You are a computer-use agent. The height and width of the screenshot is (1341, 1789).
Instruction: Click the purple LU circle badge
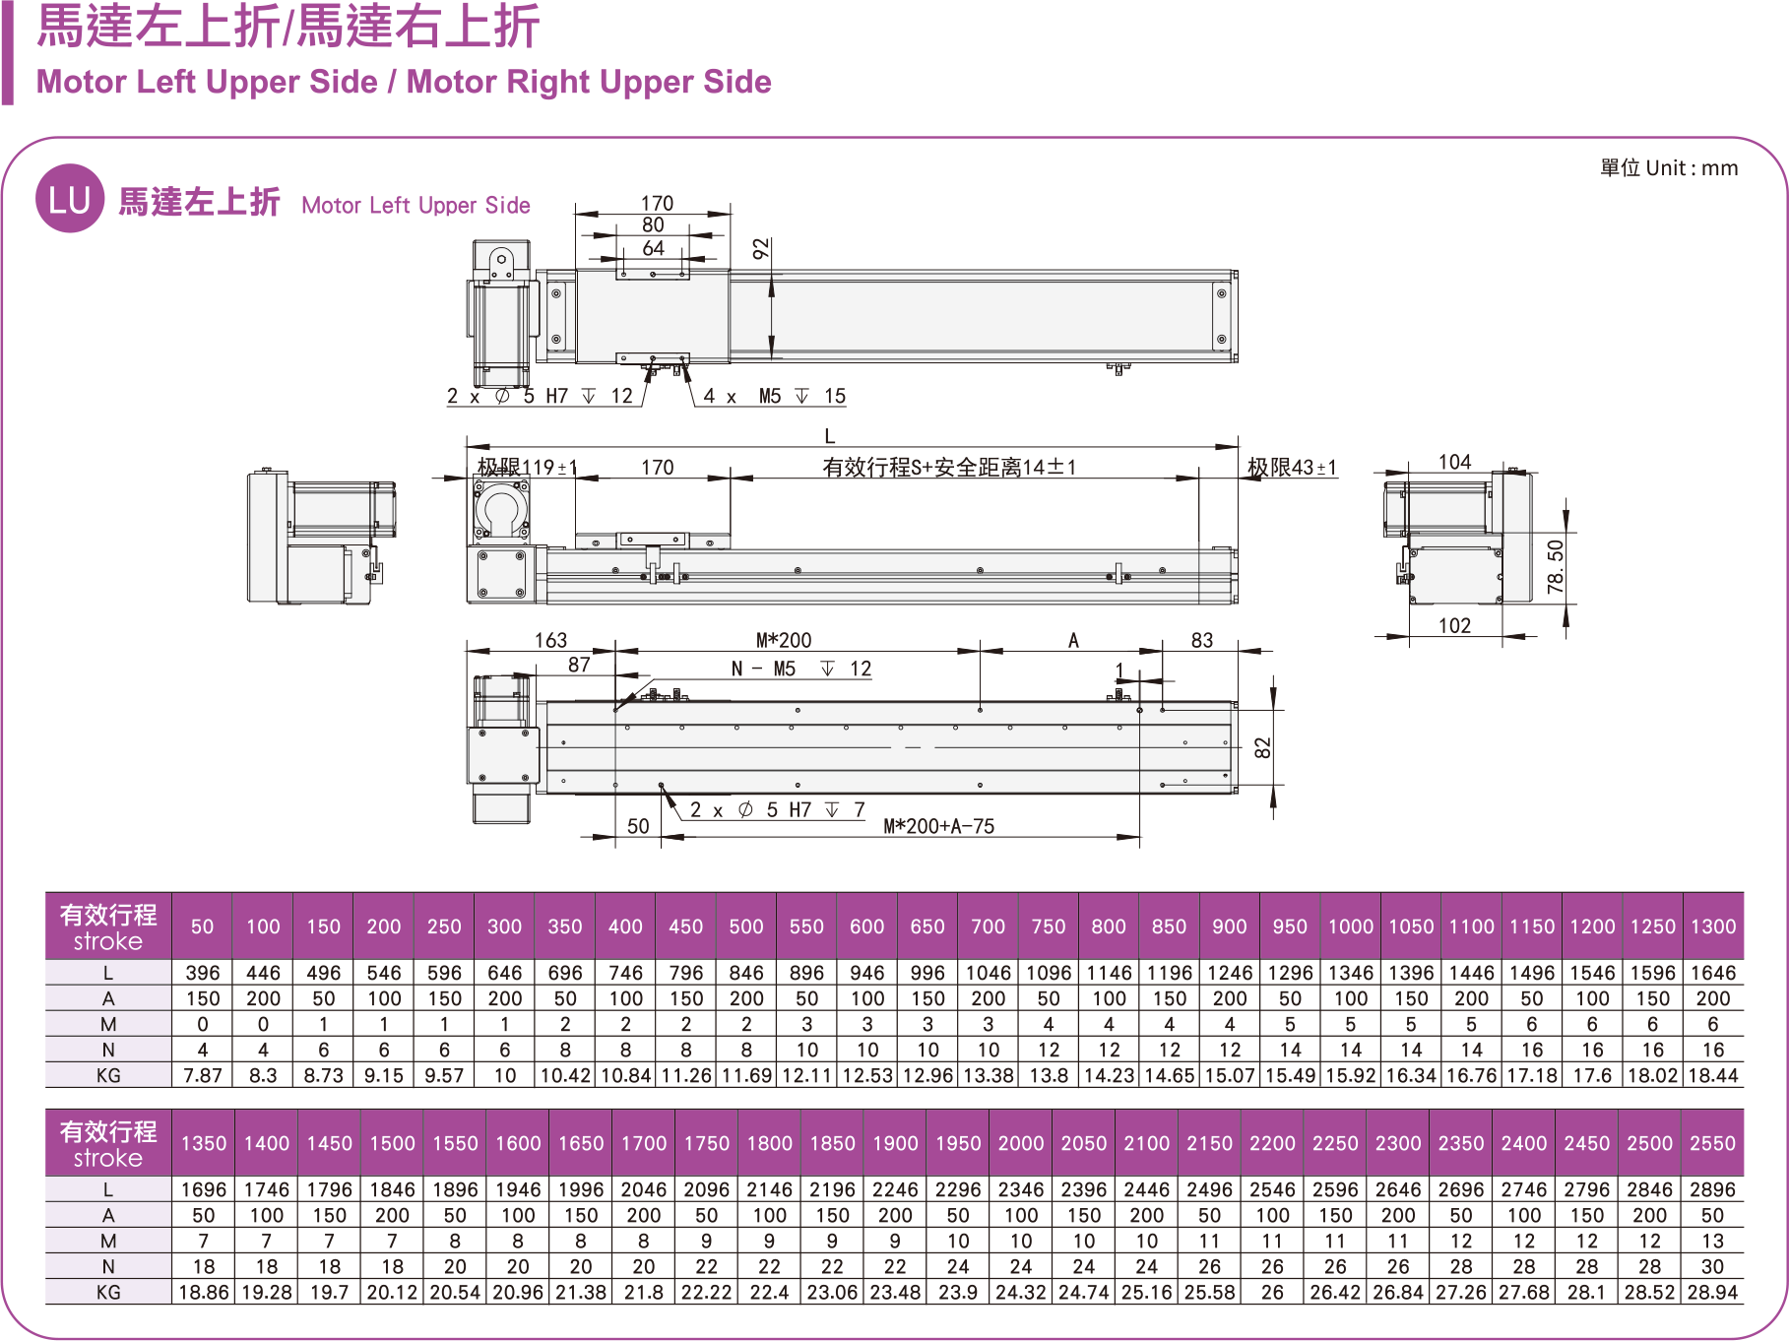(x=70, y=199)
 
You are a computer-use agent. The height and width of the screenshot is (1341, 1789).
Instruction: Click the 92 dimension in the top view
(x=761, y=249)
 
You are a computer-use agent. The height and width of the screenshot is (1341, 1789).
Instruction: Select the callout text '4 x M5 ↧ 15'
(x=774, y=397)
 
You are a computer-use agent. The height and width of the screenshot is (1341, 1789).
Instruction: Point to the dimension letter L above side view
(x=830, y=436)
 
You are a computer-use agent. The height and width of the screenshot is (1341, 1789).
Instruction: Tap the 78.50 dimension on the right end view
(x=1556, y=566)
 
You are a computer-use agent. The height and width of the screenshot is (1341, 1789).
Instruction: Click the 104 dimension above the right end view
(x=1454, y=462)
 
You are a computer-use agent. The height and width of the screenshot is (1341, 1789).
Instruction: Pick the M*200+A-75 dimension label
(x=938, y=827)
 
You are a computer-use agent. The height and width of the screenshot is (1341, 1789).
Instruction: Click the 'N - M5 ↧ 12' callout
(x=801, y=670)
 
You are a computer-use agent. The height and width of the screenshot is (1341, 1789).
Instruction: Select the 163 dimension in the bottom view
(x=550, y=640)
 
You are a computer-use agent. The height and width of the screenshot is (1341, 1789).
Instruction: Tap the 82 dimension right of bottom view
(x=1263, y=747)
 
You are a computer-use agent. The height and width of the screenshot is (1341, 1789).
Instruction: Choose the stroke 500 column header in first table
(x=746, y=926)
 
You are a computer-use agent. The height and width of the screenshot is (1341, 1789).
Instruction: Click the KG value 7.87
(x=203, y=1076)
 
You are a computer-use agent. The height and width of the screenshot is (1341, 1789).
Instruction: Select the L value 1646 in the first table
(x=1713, y=973)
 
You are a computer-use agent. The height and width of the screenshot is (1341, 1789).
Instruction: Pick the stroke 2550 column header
(x=1712, y=1144)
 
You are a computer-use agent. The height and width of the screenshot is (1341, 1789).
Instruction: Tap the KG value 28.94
(x=1712, y=1293)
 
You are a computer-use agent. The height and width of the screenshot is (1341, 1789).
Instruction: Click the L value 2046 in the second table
(x=644, y=1189)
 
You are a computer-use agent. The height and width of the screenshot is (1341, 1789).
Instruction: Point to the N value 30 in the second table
(x=1712, y=1267)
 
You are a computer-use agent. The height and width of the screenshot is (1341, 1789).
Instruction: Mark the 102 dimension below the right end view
(x=1454, y=626)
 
